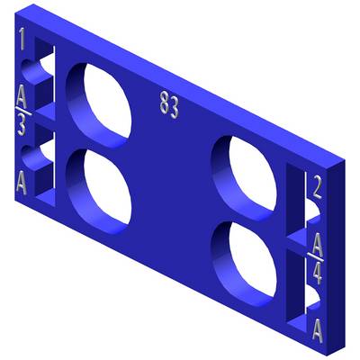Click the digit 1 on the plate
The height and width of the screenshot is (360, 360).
click(x=22, y=39)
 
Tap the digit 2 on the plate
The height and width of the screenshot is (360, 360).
click(x=317, y=187)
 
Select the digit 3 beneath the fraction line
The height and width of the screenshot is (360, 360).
click(x=22, y=126)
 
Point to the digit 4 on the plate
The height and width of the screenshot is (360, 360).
click(x=317, y=273)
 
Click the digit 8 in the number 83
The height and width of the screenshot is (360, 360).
click(x=164, y=103)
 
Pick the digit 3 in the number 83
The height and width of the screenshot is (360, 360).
click(x=174, y=107)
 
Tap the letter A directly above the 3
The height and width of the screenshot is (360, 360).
click(x=22, y=96)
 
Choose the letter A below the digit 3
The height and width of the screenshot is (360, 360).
click(x=22, y=183)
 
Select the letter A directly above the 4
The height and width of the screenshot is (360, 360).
click(x=318, y=244)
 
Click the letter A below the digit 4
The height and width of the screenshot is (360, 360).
click(x=318, y=330)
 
